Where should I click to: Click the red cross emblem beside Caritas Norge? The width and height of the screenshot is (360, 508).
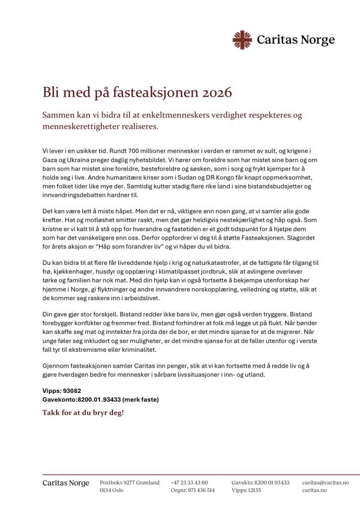coord(242,40)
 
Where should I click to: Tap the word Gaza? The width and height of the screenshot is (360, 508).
coord(52,160)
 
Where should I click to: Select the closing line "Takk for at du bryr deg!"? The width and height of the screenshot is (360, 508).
coord(83,413)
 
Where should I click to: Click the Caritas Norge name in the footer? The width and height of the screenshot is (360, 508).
coord(65,483)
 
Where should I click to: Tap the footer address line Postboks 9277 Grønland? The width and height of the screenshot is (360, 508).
coord(129,482)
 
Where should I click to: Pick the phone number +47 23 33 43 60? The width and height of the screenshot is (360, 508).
coord(189,482)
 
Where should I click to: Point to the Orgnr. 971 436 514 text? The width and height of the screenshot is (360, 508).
coord(192,490)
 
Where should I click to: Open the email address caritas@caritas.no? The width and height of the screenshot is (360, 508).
coord(325,482)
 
